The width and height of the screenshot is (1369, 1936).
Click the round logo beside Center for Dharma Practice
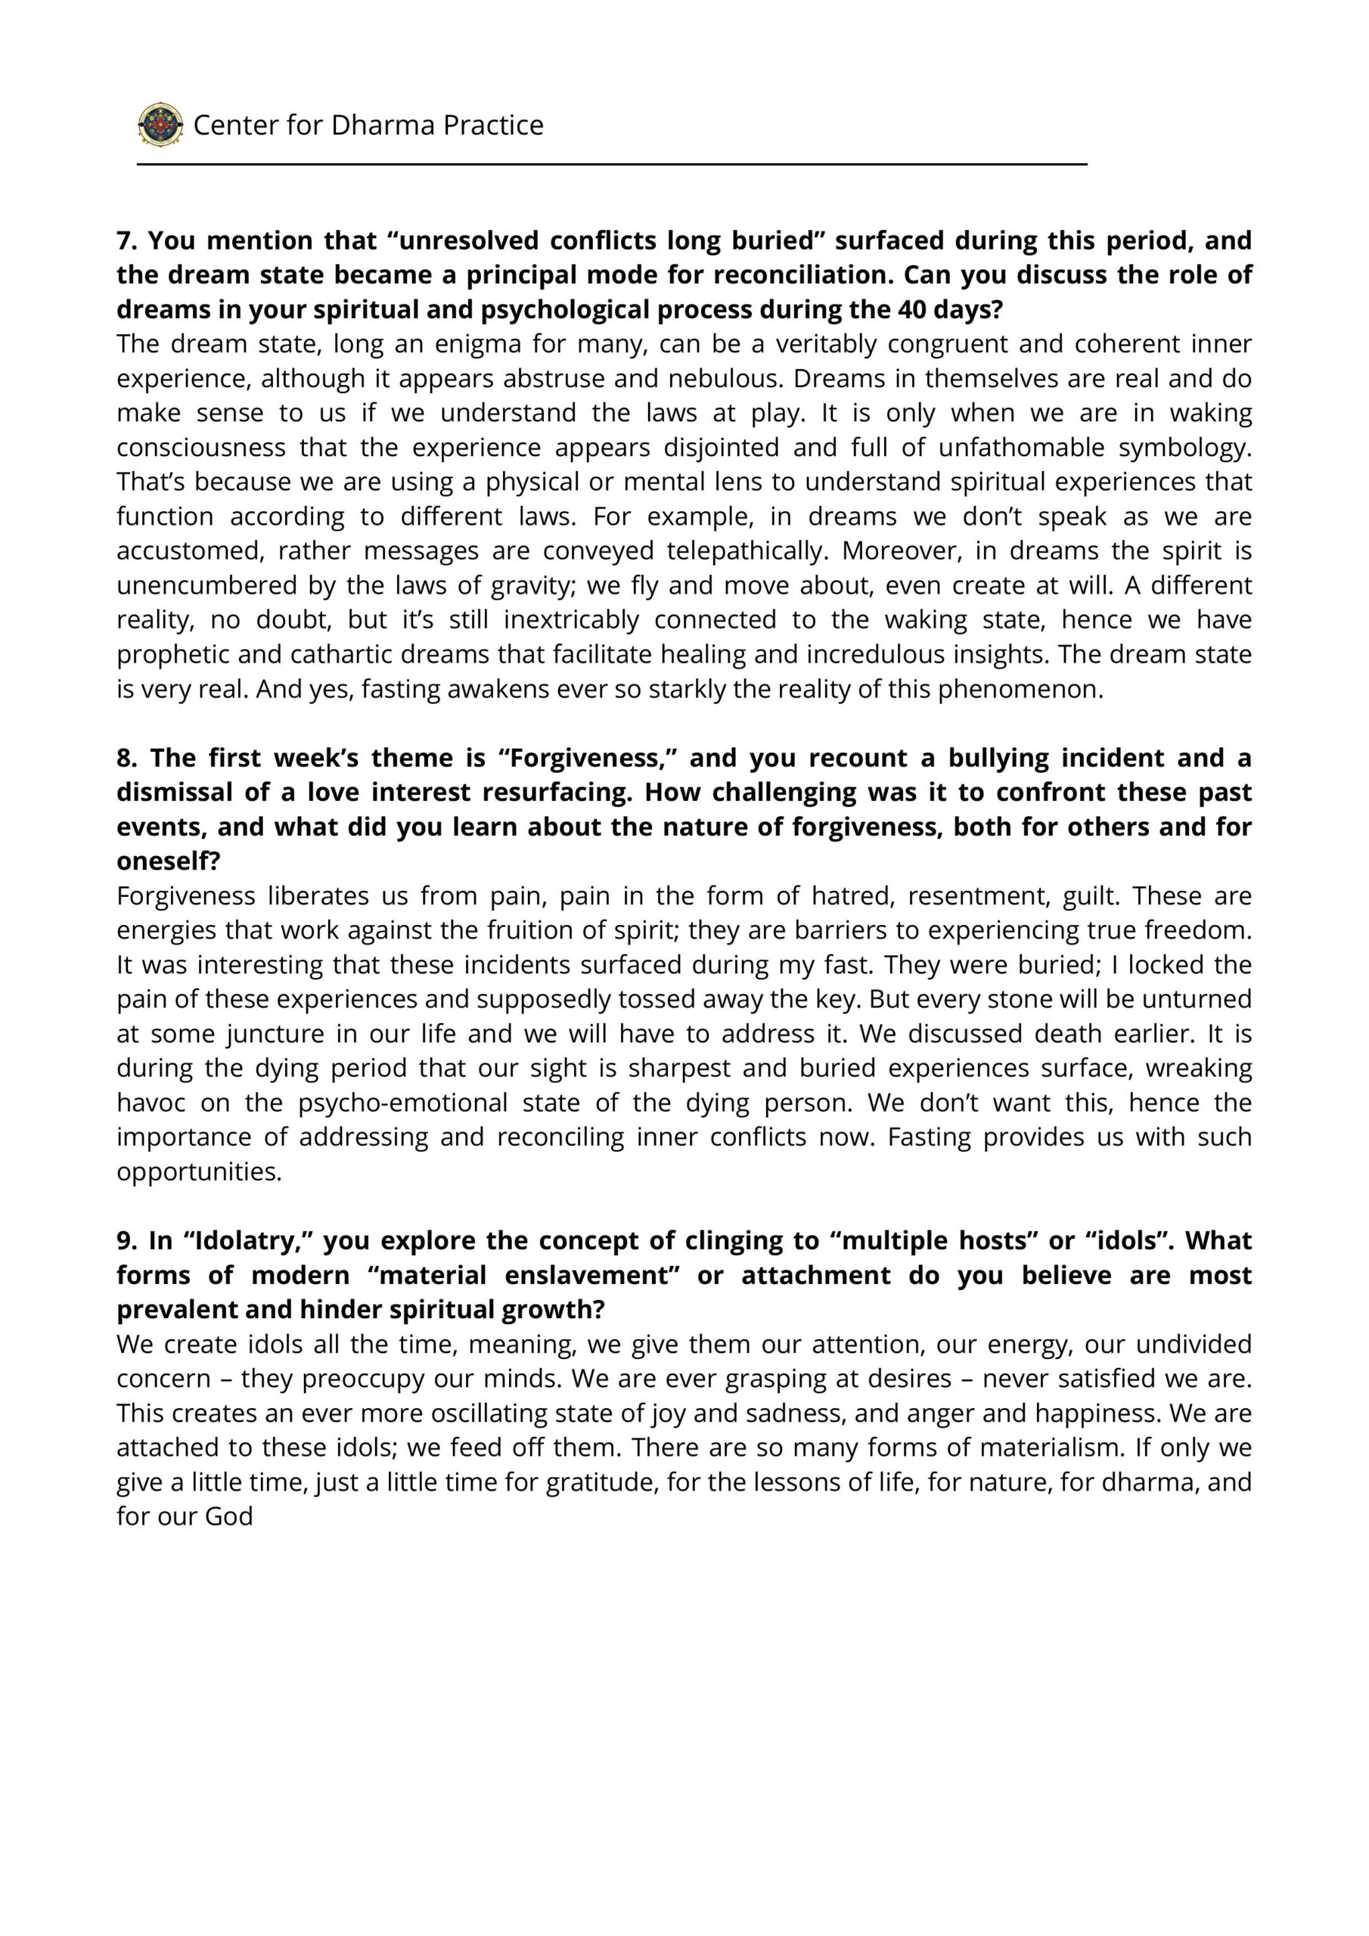coord(160,125)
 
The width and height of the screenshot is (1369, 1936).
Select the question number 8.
coord(126,757)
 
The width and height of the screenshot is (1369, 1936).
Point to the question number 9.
coord(126,1240)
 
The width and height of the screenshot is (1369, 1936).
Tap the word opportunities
coord(198,1172)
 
